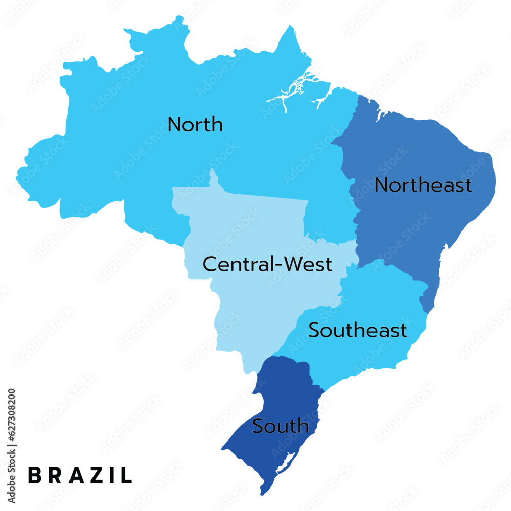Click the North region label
tap(195, 124)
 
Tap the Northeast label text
tap(423, 185)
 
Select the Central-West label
tap(267, 264)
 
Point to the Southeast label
tap(358, 330)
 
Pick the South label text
tap(281, 426)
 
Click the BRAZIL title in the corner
tap(80, 475)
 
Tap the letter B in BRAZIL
tap(35, 475)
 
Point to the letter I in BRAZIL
tap(110, 475)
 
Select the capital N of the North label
tap(174, 124)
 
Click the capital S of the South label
tap(258, 426)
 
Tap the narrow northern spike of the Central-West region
tap(213, 179)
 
